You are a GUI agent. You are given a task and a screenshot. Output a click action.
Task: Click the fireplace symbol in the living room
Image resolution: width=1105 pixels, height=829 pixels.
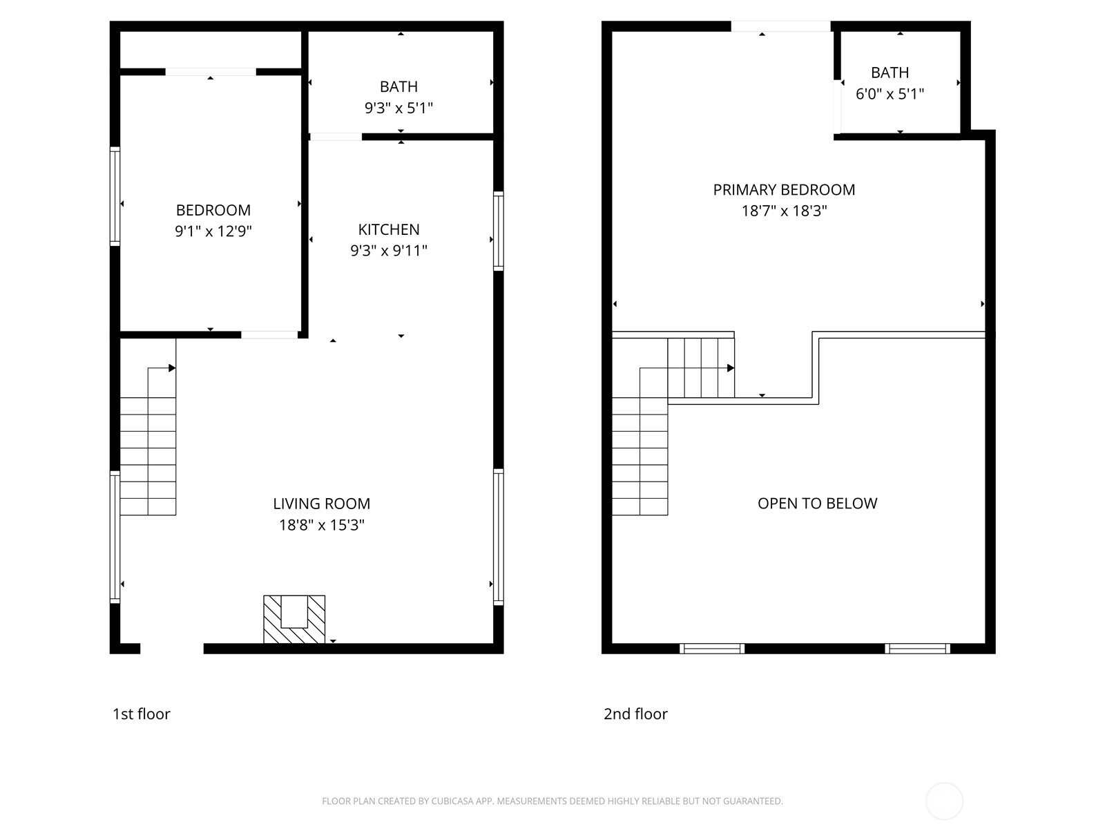[x=294, y=619]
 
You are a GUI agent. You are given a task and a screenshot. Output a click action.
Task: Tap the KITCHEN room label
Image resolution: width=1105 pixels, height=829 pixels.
[x=389, y=229]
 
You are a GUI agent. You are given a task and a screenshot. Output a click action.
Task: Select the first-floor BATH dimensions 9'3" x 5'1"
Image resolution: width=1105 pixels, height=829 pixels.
[x=398, y=108]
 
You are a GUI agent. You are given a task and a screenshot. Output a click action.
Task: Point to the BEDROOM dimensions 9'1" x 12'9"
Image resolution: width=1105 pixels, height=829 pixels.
[x=213, y=231]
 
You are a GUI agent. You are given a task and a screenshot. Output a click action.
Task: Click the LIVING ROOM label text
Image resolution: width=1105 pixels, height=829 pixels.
[x=322, y=504]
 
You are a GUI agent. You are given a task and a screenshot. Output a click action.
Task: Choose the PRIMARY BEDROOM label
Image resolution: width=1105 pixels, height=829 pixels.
[x=784, y=190]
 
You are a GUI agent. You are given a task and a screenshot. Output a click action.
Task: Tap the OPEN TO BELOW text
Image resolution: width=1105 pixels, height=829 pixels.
[x=817, y=504]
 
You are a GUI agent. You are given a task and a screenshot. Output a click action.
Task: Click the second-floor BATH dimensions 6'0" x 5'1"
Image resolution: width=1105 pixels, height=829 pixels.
[x=890, y=94]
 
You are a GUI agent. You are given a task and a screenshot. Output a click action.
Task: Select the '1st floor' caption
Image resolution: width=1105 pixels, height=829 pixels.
[x=142, y=714]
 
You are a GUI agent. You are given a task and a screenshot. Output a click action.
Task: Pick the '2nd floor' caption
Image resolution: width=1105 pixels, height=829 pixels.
[x=635, y=714]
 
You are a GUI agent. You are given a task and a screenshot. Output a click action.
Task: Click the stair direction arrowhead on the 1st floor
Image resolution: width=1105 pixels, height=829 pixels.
[x=172, y=368]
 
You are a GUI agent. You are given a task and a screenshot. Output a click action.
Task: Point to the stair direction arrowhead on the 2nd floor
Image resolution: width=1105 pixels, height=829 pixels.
[x=731, y=368]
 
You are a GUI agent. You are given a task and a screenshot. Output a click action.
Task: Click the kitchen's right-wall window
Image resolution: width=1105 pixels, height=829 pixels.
[x=499, y=231]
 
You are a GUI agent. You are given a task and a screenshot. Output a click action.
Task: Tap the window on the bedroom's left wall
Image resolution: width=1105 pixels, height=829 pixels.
[x=115, y=196]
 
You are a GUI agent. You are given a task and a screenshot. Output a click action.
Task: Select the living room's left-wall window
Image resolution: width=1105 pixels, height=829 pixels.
[x=115, y=537]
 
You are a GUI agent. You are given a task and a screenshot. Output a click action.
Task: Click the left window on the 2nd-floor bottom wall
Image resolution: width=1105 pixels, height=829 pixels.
[x=712, y=648]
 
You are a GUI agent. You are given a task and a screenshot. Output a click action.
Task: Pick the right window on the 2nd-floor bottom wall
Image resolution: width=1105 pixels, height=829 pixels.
[x=917, y=648]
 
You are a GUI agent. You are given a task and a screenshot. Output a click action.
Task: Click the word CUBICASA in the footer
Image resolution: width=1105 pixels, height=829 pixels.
[x=450, y=801]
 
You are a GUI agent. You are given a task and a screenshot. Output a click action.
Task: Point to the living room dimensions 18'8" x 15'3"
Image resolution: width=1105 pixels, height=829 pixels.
[x=322, y=525]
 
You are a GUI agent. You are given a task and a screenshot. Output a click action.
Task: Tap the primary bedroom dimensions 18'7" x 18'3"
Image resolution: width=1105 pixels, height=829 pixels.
[x=784, y=211]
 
